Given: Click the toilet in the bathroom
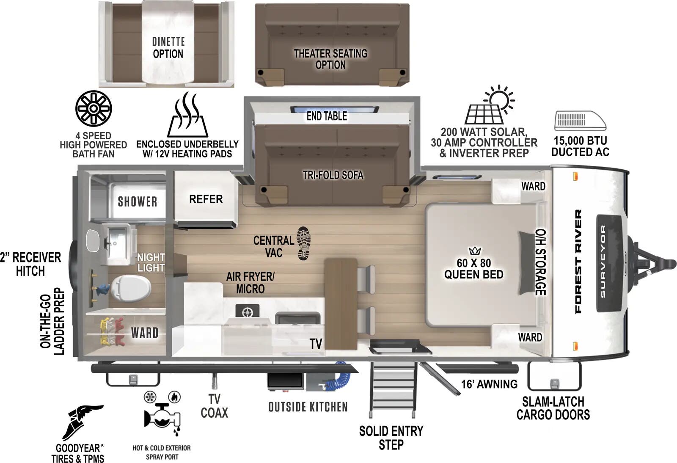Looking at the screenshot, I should (132, 288).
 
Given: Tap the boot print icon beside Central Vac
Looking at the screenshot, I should (304, 243).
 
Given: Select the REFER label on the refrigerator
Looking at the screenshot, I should (206, 199).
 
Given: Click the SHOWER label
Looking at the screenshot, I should (138, 201).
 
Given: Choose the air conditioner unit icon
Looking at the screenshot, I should (580, 121).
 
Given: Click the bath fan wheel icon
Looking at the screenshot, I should (94, 108).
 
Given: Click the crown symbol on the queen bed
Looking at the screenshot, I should (475, 251).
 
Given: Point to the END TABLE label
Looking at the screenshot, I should (327, 116).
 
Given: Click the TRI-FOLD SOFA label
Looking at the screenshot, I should (333, 175).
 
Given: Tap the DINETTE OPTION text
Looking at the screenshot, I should (168, 48).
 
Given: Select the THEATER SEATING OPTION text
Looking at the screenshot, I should (331, 59).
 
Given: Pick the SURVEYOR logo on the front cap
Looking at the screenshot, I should (603, 261).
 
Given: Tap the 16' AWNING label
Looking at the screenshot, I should (489, 384).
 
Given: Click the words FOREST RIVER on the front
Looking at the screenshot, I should (578, 261).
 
